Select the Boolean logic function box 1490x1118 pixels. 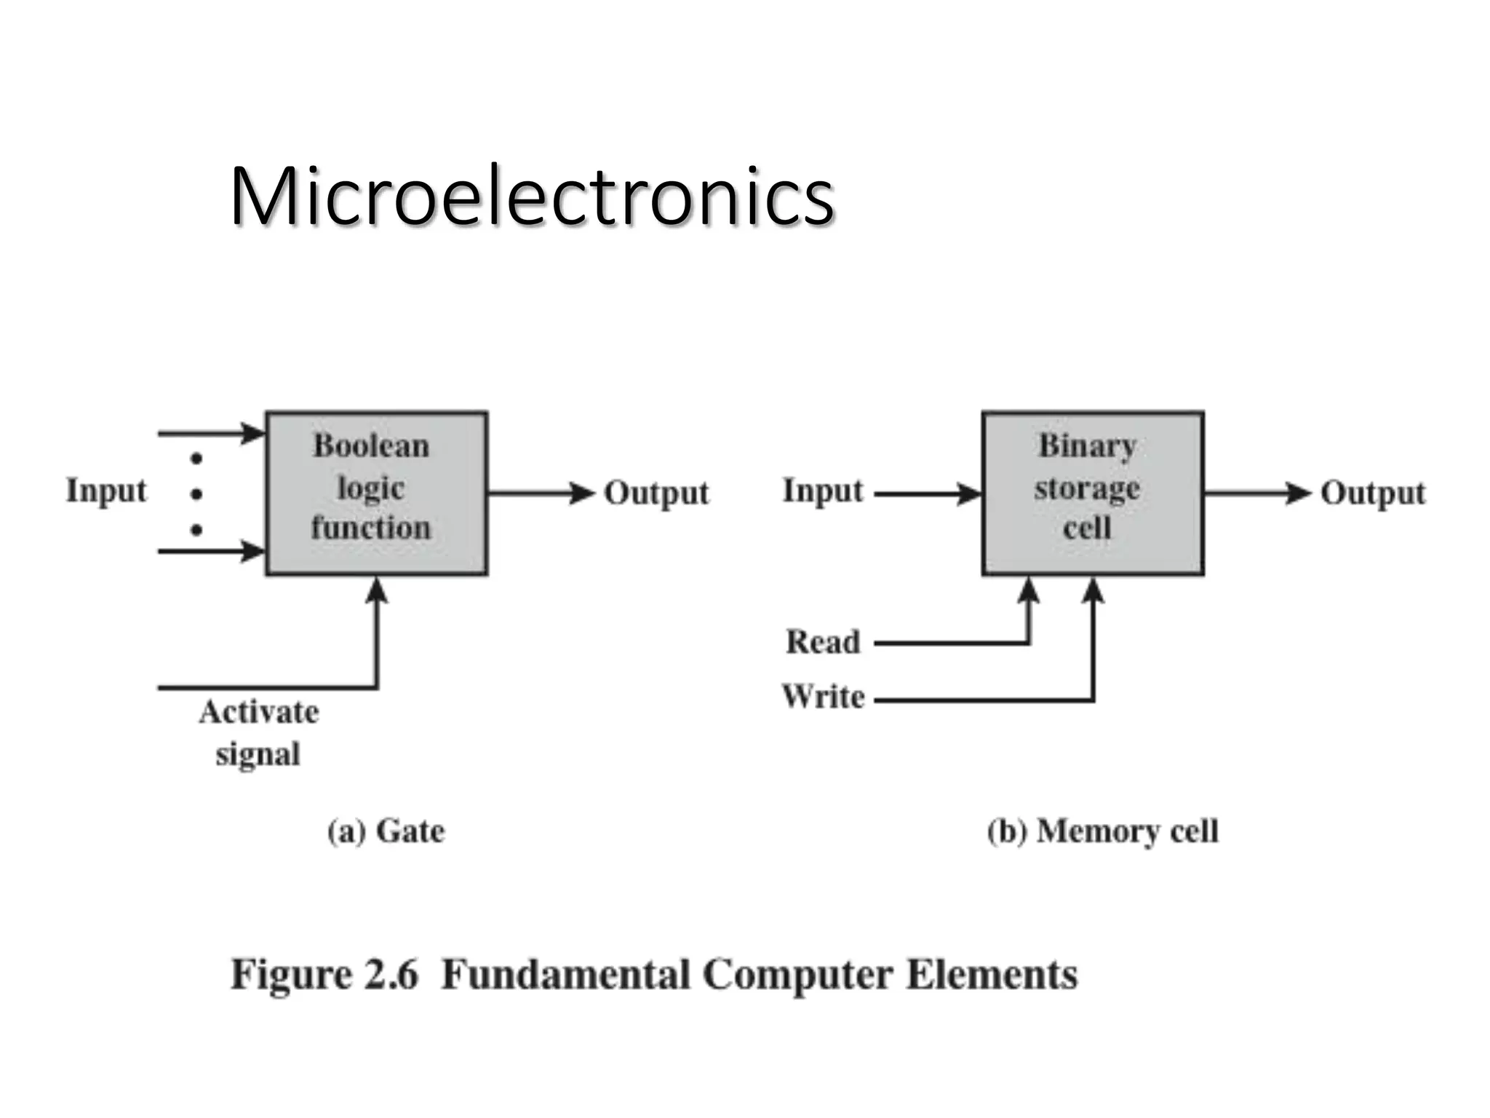point(376,493)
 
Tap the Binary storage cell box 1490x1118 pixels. point(1092,493)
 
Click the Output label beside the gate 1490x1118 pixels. point(656,493)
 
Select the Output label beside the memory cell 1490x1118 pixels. point(1372,493)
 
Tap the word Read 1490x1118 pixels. point(823,642)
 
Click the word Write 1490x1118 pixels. point(823,697)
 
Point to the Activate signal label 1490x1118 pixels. point(258,732)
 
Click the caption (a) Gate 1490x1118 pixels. point(386,831)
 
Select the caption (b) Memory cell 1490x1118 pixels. point(1102,831)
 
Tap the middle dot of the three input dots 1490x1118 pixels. point(196,494)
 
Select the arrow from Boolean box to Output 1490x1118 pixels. point(542,493)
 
